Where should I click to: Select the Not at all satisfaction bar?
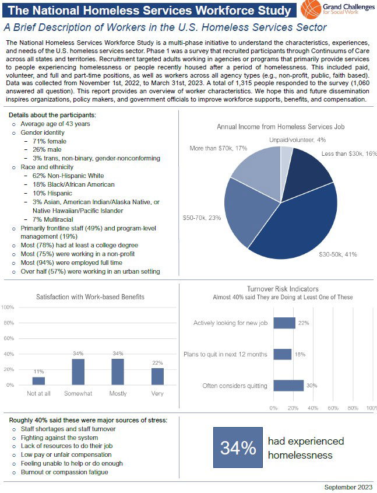click(x=38, y=381)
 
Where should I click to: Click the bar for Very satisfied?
click(x=158, y=376)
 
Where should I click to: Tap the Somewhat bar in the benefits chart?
click(x=78, y=372)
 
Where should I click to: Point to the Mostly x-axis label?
click(x=118, y=394)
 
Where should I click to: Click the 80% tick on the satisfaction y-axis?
click(x=8, y=323)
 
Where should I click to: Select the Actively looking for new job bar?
click(x=284, y=323)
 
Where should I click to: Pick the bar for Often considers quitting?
click(x=288, y=386)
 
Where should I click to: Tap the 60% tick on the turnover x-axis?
click(x=334, y=408)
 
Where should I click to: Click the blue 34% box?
click(x=238, y=447)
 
